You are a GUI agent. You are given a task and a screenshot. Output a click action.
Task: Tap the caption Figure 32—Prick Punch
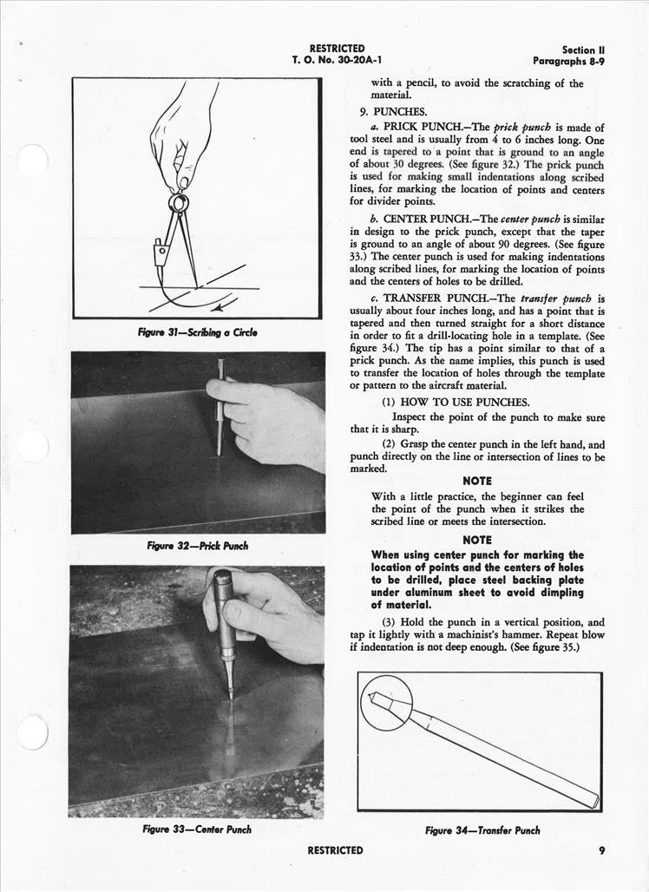tap(197, 546)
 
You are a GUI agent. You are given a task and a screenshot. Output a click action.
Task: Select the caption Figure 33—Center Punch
tap(197, 830)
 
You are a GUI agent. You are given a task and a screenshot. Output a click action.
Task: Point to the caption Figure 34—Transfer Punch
tap(482, 830)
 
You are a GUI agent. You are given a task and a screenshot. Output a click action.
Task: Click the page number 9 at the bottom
tap(601, 850)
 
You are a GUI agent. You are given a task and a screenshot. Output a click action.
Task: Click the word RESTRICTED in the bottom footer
tap(335, 850)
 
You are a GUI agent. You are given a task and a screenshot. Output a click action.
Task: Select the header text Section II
tap(578, 50)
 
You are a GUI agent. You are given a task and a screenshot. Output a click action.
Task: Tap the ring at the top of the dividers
tap(179, 203)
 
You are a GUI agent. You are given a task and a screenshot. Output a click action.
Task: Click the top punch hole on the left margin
tap(32, 161)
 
